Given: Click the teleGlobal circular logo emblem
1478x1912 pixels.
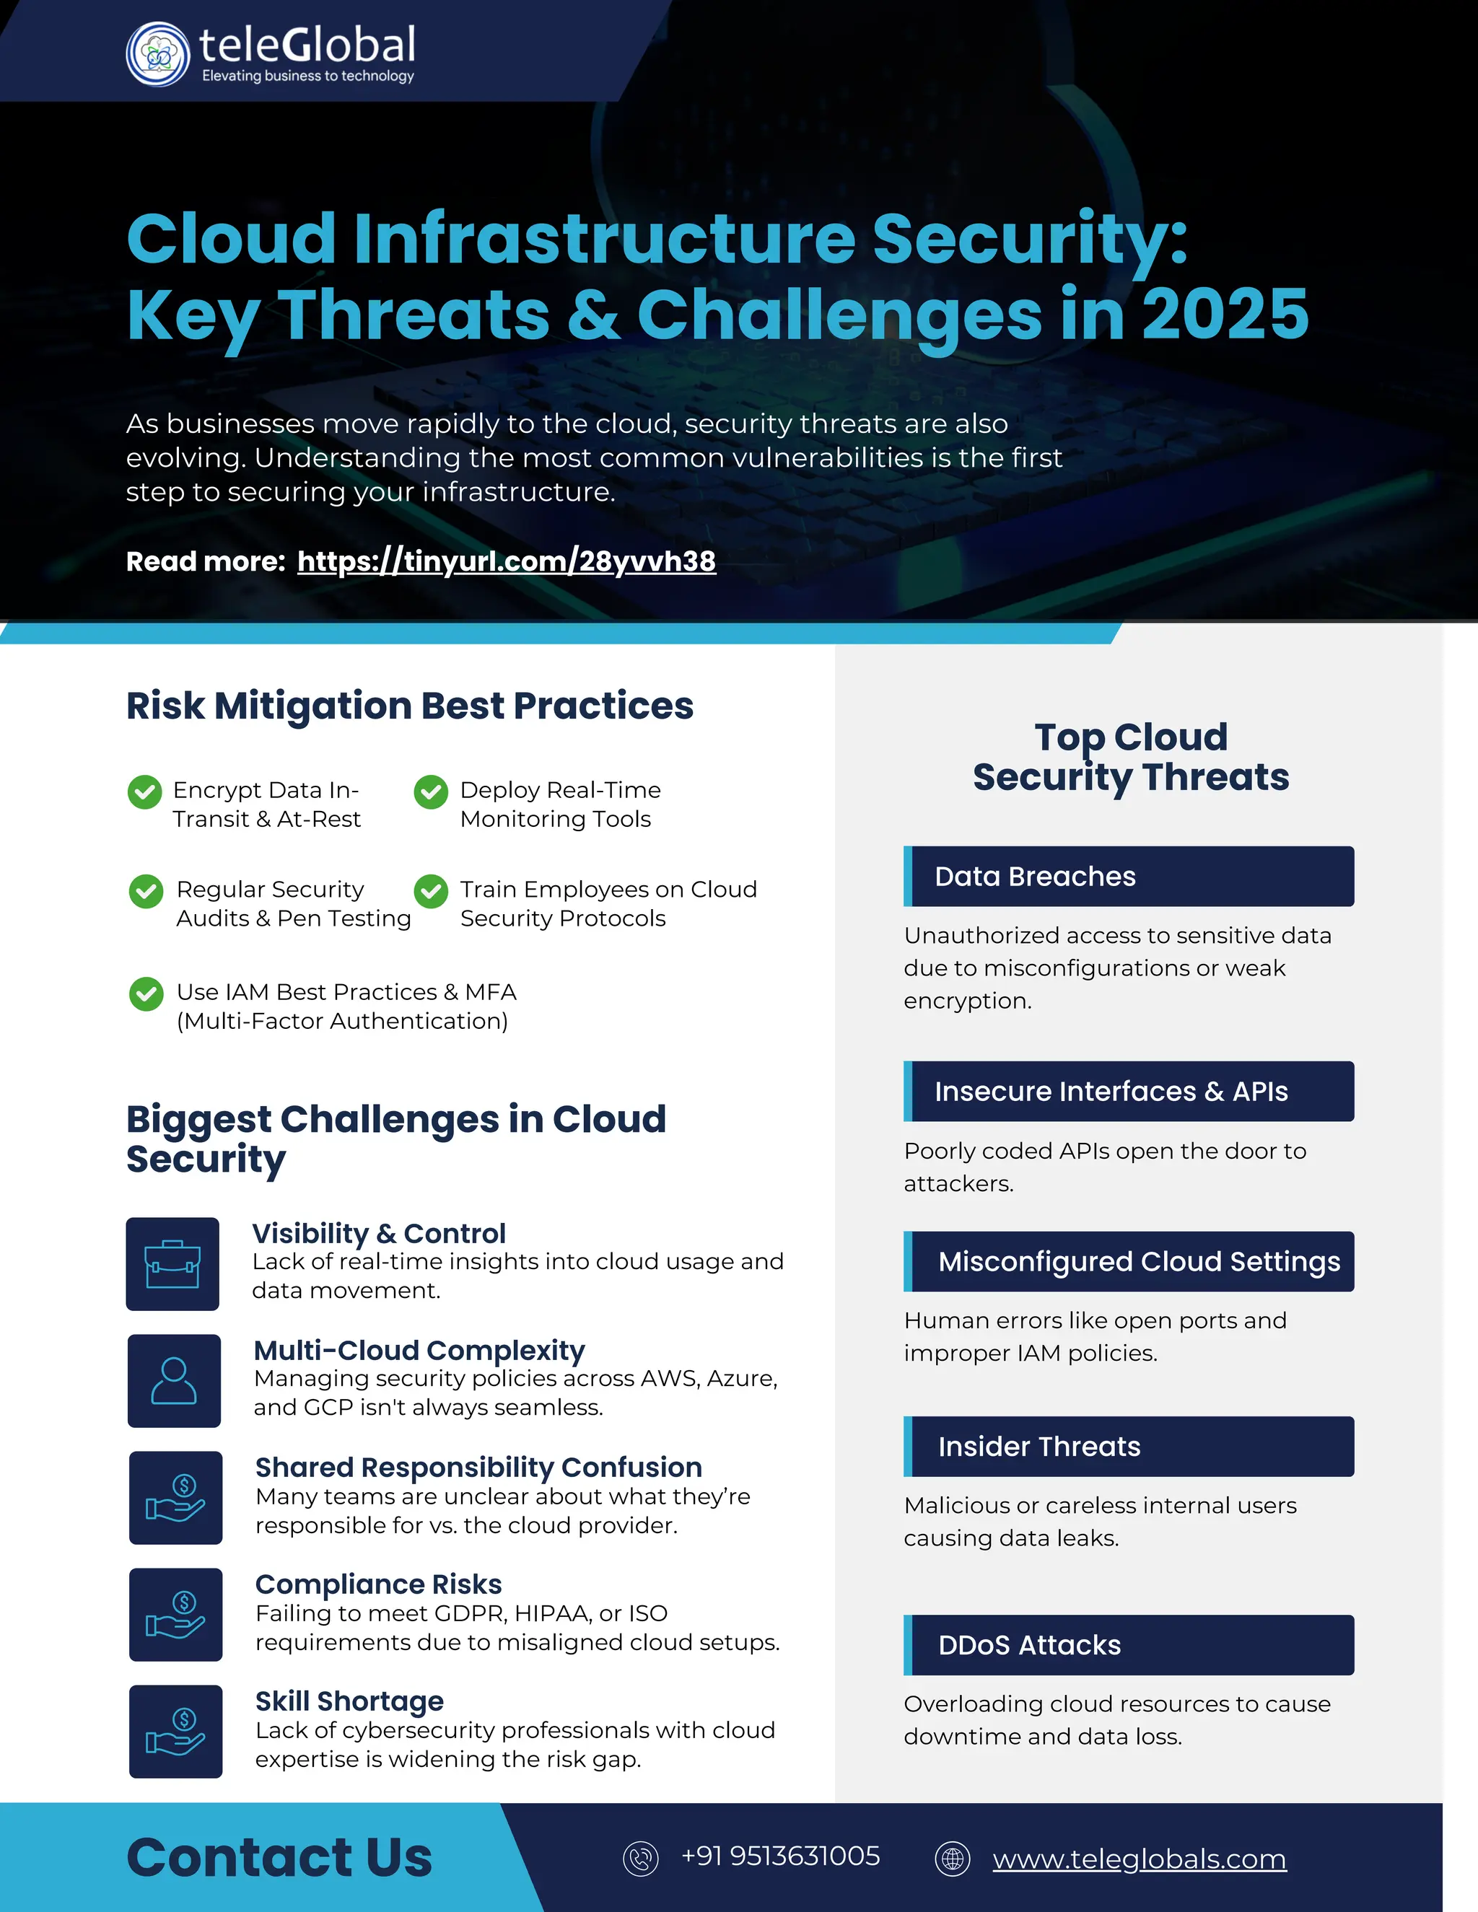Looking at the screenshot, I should [x=157, y=54].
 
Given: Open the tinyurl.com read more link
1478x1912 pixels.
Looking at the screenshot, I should [x=506, y=561].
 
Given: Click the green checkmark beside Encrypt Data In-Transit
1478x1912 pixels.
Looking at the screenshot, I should [x=144, y=791].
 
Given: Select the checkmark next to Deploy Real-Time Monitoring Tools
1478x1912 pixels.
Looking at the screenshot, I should [x=431, y=791].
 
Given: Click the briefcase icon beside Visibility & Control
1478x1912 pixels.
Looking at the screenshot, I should [x=172, y=1264].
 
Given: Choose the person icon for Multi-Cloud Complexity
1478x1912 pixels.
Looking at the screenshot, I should [x=174, y=1380].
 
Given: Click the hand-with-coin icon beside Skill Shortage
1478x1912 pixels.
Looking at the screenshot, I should [x=175, y=1732].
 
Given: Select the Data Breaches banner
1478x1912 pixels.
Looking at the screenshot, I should [x=1129, y=877].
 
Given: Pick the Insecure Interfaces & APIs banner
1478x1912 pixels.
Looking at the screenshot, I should [x=1129, y=1092].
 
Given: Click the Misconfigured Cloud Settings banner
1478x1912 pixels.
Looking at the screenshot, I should [x=1129, y=1261].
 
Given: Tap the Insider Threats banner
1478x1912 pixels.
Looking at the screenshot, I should [x=1129, y=1446].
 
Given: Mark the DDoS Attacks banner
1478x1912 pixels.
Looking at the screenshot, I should [x=1129, y=1645].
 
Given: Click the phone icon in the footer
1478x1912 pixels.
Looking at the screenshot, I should [x=640, y=1858].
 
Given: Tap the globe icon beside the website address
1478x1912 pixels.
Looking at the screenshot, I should [x=953, y=1858].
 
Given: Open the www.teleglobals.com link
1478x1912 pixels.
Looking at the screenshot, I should [x=1139, y=1859].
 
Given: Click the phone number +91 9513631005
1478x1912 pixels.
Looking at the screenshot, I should [x=780, y=1856].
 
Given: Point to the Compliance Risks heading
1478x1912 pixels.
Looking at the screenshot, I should [x=378, y=1584].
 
